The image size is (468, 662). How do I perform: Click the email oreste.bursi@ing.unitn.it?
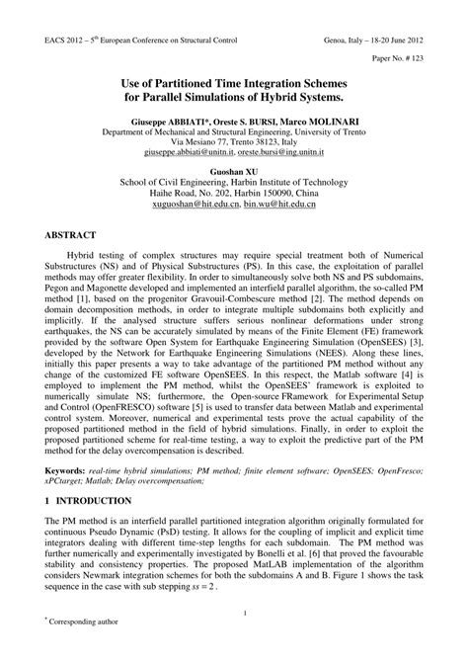point(280,153)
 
